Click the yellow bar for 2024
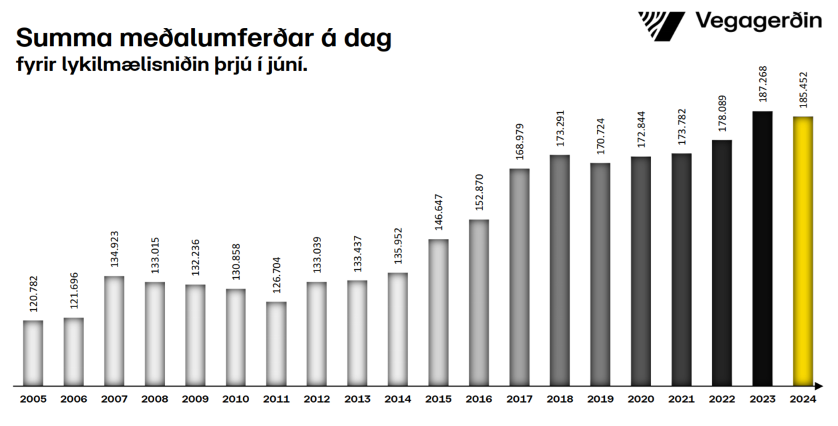(803, 251)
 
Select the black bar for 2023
(762, 248)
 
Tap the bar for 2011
(276, 344)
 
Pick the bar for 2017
(519, 277)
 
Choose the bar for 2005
(33, 353)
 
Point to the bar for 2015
(438, 312)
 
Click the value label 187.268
(762, 85)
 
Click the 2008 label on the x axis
(154, 399)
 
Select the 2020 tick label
(640, 399)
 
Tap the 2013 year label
(357, 399)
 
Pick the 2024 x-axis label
(803, 399)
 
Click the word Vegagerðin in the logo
(759, 21)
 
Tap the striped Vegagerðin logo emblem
(661, 25)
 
